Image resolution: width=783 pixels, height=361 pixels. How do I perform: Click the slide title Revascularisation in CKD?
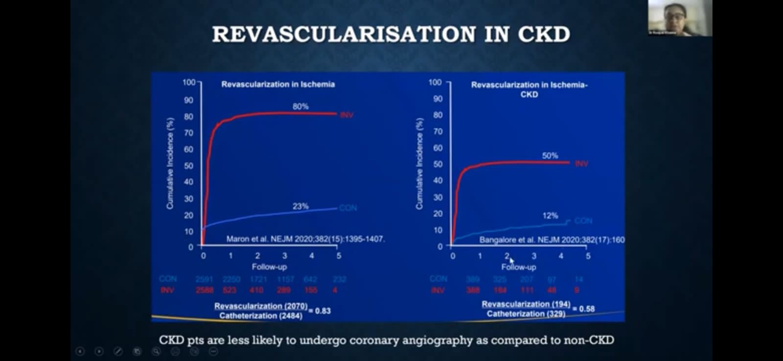391,34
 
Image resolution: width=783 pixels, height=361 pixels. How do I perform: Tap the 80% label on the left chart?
300,106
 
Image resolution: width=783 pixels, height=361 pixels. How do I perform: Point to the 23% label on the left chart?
300,206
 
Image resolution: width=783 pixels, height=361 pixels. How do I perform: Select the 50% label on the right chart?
550,156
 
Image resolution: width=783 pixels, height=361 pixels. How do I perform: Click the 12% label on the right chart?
550,215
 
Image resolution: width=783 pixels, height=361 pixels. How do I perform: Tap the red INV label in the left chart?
346,115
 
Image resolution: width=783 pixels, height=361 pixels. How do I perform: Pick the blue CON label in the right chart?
583,221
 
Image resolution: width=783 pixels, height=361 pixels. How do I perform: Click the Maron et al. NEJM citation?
305,239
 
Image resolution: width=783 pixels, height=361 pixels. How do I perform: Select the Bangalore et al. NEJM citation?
552,240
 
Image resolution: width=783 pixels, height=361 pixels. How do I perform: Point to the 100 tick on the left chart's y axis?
189,82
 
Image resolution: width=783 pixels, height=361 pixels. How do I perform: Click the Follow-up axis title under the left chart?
269,267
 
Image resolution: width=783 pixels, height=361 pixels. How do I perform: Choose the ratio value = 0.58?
586,309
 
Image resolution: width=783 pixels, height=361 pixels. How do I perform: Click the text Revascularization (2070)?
260,306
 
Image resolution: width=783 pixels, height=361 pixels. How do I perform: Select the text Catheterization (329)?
526,314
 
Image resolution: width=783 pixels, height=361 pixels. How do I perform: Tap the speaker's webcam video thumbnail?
680,18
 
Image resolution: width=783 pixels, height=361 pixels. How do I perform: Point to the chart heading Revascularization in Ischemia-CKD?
529,89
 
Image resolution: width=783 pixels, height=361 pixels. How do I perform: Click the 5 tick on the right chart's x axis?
588,256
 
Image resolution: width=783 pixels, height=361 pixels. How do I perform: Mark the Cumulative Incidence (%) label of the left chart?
170,163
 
